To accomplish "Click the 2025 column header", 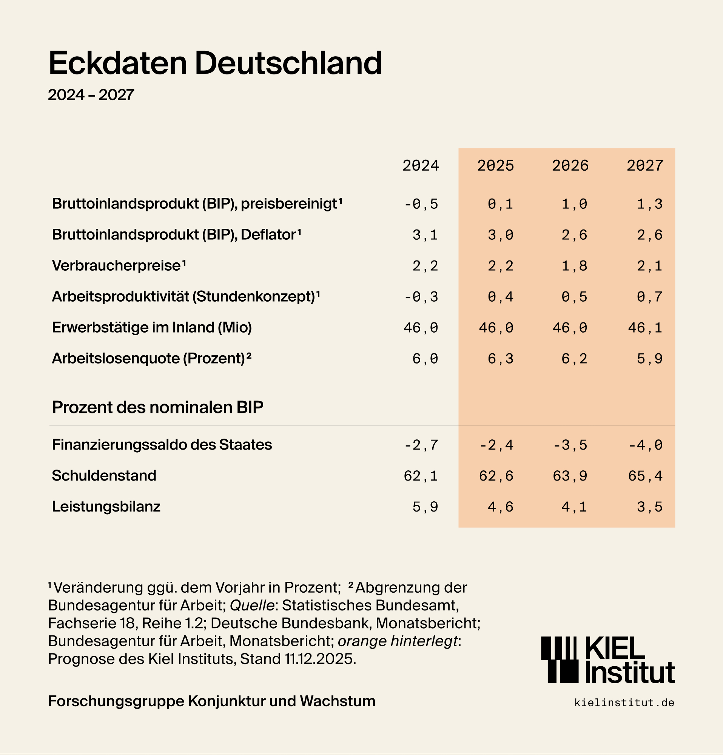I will point(495,166).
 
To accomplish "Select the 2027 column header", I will point(645,166).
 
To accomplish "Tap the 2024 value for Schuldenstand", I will point(421,476).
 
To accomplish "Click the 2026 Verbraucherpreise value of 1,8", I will point(574,266).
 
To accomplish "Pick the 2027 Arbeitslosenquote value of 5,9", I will point(649,359).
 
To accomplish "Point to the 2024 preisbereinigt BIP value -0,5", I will point(421,204).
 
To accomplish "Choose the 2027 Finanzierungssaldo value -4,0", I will point(645,445).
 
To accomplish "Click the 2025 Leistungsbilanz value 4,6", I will point(500,507).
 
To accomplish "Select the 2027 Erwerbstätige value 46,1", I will point(645,328).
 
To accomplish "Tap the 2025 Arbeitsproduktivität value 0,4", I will point(500,297).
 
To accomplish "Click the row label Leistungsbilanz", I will point(106,507).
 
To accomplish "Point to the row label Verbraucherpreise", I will point(116,265).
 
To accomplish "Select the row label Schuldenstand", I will point(104,476).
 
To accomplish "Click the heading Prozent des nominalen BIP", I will point(157,407).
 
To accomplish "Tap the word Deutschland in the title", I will point(288,63).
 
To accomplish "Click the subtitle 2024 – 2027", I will point(91,95).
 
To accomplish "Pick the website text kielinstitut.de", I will point(624,703).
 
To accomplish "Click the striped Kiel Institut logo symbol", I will point(560,659).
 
